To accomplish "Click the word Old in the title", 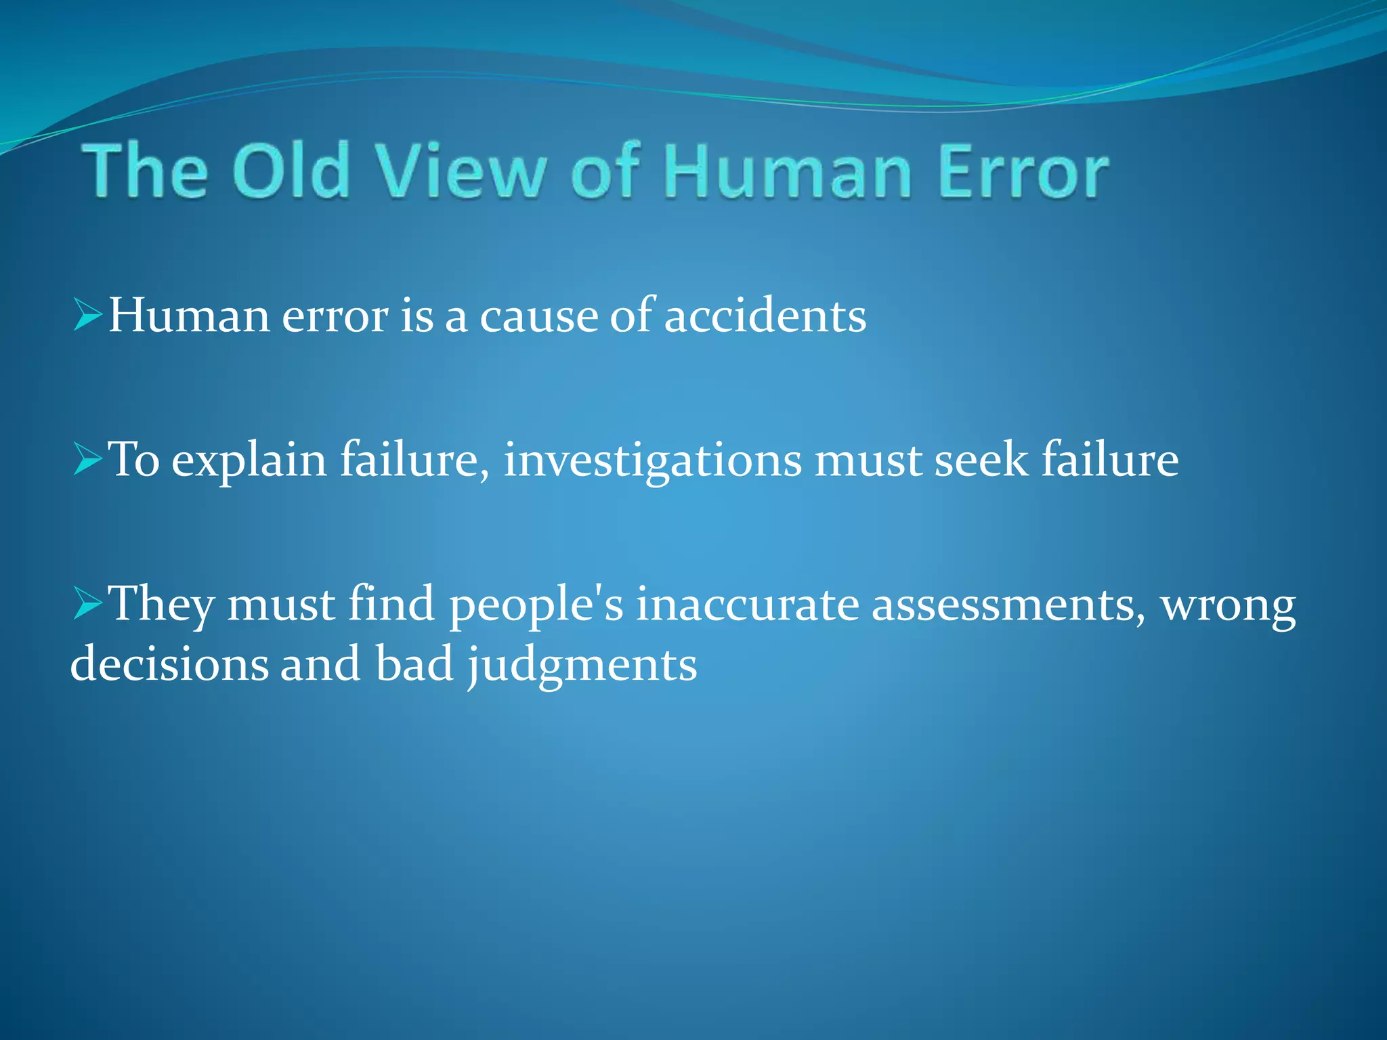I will click(x=291, y=171).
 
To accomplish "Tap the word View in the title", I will click(x=461, y=171).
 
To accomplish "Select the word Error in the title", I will click(x=1023, y=171).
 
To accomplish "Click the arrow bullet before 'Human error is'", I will click(x=87, y=315).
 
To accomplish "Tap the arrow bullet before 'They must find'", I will click(x=87, y=603).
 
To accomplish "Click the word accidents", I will click(x=765, y=316).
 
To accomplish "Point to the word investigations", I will click(x=652, y=460).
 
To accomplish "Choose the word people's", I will click(x=536, y=605).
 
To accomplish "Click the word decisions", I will click(x=169, y=664).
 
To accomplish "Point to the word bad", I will click(x=414, y=664).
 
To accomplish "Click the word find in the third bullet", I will click(x=391, y=603).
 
